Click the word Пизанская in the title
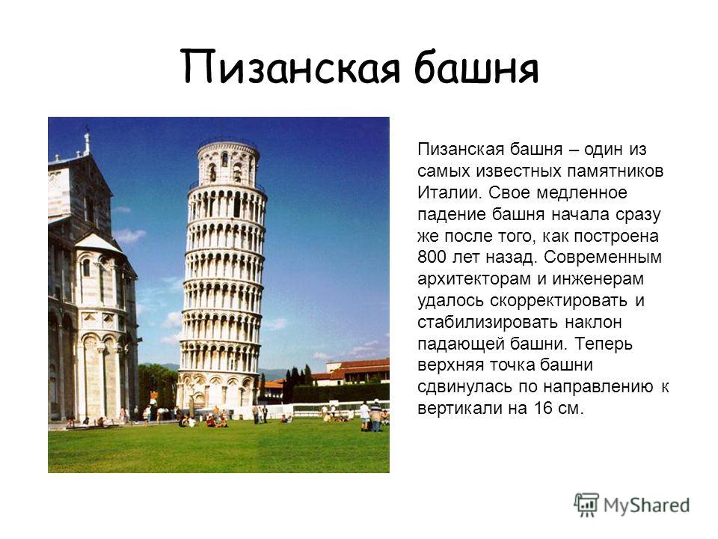pos(290,67)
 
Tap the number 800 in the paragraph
pos(432,257)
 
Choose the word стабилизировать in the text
pos(487,322)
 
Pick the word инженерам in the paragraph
pos(598,279)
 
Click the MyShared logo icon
pos(586,505)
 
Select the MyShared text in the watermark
pos(646,505)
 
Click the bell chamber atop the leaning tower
pos(227,164)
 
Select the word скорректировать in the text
pos(558,301)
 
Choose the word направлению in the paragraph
pos(598,387)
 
